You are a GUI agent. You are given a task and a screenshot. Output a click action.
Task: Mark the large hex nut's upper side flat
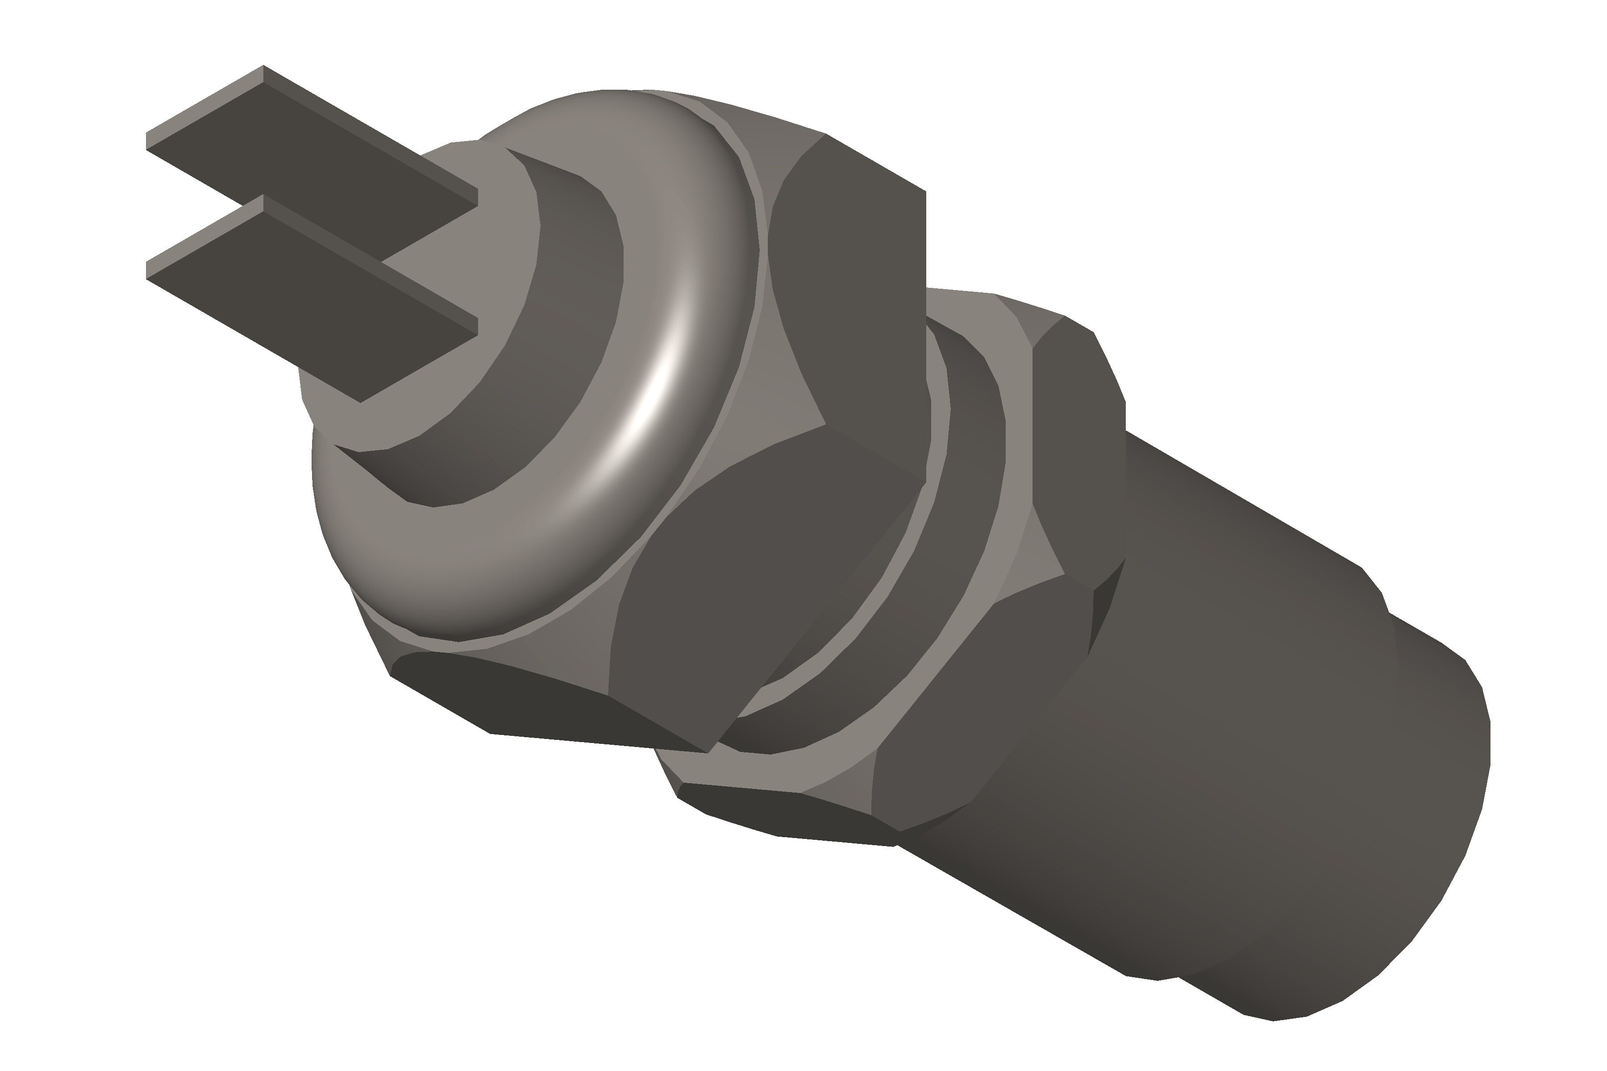(x=854, y=287)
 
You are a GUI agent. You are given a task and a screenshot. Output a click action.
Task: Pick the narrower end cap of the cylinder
(x=1428, y=854)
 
